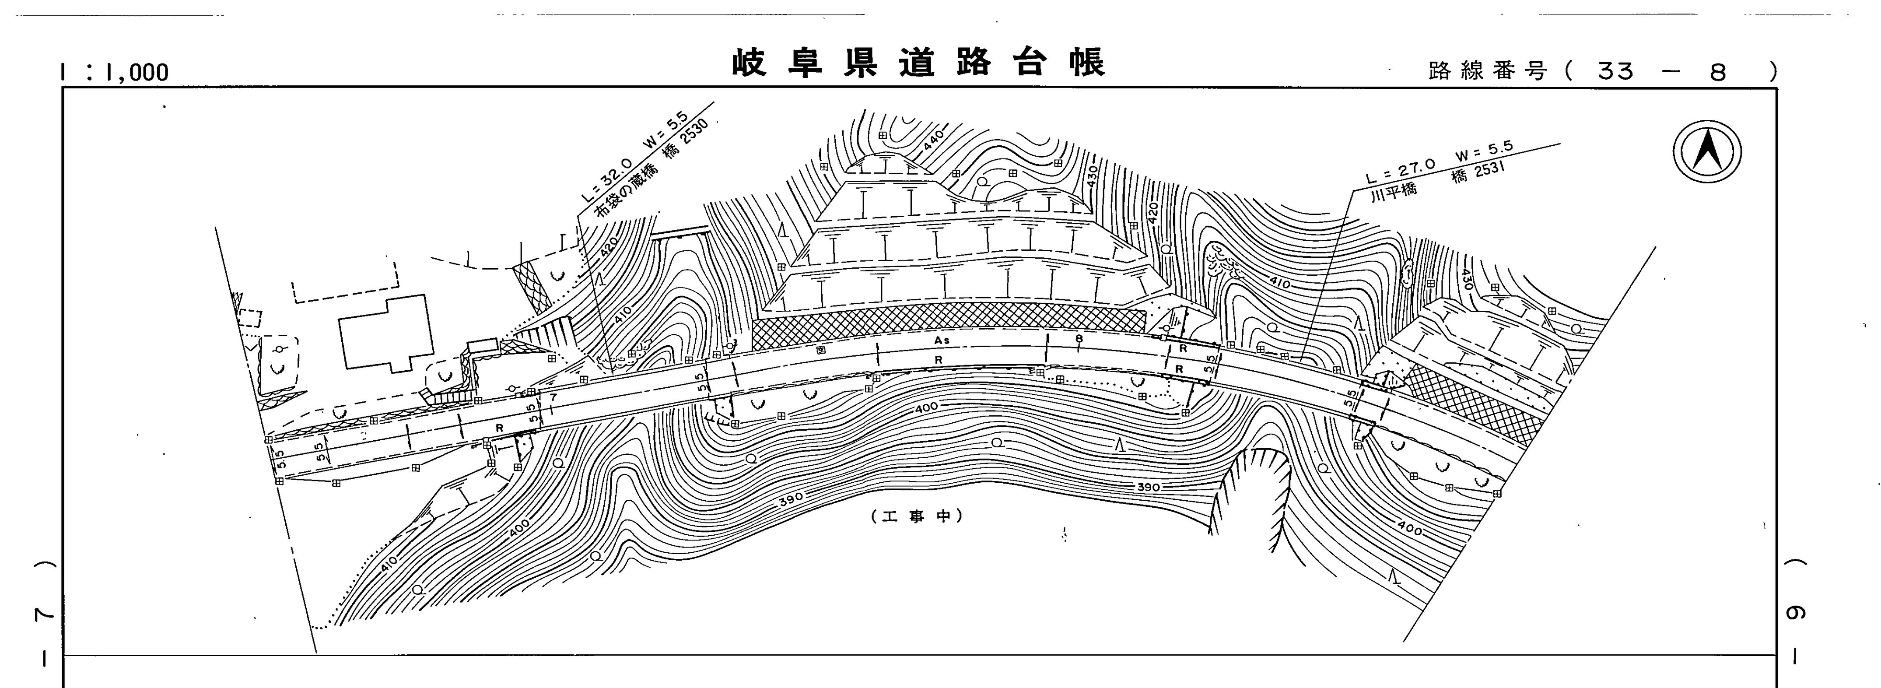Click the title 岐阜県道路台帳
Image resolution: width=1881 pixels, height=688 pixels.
[x=918, y=63]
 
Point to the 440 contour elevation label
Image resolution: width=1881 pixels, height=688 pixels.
[x=934, y=140]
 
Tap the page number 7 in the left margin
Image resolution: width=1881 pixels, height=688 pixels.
[x=45, y=616]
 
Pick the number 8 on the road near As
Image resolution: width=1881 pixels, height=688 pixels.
[x=1079, y=338]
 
